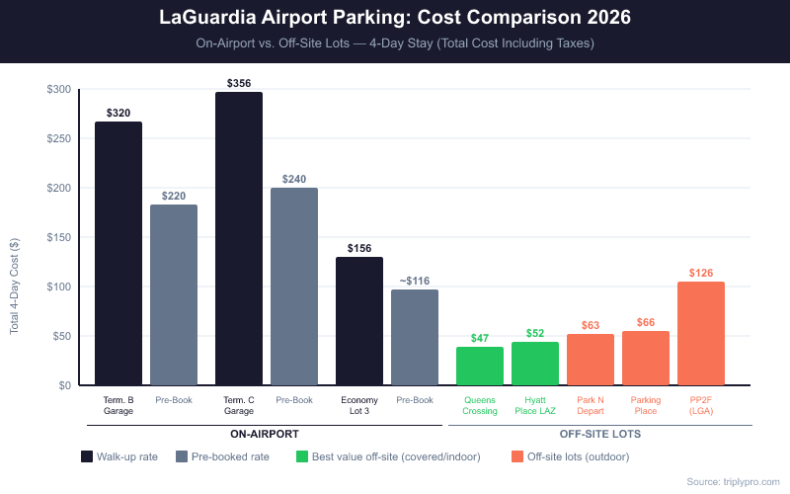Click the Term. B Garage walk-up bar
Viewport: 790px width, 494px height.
pyautogui.click(x=118, y=253)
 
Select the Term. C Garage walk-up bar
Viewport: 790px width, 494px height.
pyautogui.click(x=239, y=238)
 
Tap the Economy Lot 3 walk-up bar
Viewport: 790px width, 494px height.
pyautogui.click(x=359, y=321)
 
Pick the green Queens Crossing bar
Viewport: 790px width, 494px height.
pyautogui.click(x=480, y=366)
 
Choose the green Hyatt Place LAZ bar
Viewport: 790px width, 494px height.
pyautogui.click(x=535, y=364)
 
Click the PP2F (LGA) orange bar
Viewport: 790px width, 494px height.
pyautogui.click(x=701, y=333)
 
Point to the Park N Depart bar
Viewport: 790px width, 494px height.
pyautogui.click(x=591, y=360)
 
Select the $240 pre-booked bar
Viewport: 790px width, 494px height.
pyautogui.click(x=294, y=287)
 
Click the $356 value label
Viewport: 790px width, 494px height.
pyautogui.click(x=239, y=83)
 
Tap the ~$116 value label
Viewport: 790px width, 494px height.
pyautogui.click(x=415, y=281)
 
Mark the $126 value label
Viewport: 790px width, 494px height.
pyautogui.click(x=701, y=273)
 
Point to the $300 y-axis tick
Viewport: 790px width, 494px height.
pyautogui.click(x=58, y=90)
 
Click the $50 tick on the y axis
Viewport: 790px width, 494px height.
pyautogui.click(x=61, y=336)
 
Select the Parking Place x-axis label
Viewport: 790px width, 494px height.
pyautogui.click(x=646, y=405)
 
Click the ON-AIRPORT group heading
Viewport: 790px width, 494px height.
pyautogui.click(x=265, y=434)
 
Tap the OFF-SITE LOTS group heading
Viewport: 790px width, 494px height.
pyautogui.click(x=600, y=434)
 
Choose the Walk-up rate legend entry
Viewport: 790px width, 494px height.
pyautogui.click(x=119, y=456)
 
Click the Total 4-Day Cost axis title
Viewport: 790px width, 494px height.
pyautogui.click(x=15, y=287)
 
